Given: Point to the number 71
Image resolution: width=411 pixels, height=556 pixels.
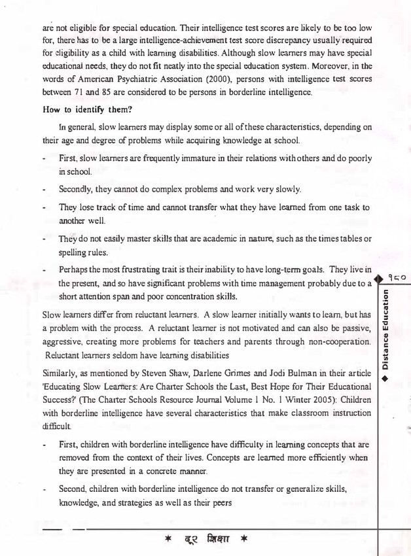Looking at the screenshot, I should click(77, 94).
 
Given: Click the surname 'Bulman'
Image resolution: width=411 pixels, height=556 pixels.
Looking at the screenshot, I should click(321, 372).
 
